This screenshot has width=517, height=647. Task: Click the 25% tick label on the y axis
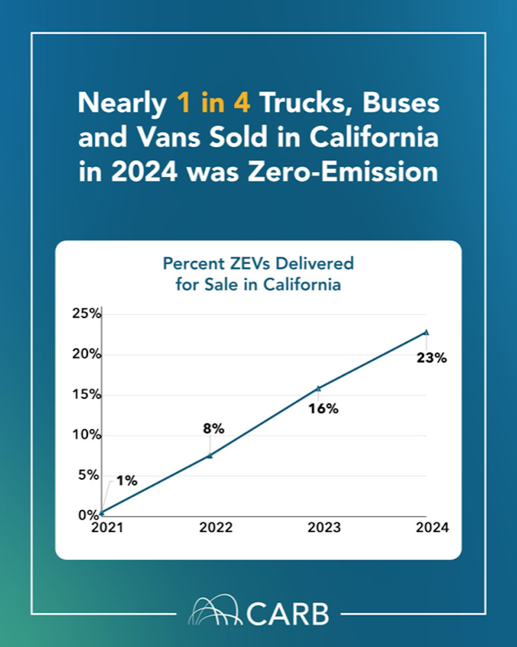tap(87, 315)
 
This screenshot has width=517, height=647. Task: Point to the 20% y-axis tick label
tap(87, 355)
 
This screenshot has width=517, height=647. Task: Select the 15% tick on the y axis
tap(87, 395)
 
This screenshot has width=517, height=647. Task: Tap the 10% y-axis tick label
tap(87, 435)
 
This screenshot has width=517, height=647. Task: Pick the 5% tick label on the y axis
tap(90, 475)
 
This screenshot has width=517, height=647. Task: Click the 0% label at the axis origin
tap(90, 515)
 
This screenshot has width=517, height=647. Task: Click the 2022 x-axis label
tap(216, 527)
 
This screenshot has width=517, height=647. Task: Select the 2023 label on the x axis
tap(324, 527)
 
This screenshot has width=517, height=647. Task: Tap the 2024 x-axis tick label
tap(432, 527)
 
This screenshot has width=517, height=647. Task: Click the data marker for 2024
tap(426, 332)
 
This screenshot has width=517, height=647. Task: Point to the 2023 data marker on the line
tap(318, 388)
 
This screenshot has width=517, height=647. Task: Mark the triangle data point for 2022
tap(209, 455)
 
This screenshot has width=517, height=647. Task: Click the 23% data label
tap(431, 358)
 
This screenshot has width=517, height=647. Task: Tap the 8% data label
tap(213, 429)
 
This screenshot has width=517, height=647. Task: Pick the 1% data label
tap(127, 481)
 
